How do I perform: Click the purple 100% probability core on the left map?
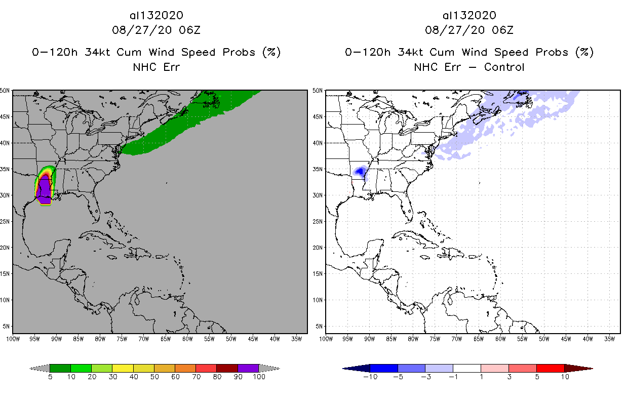pos(46,190)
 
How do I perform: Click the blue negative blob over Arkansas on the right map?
pos(360,171)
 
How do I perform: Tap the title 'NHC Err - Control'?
pos(469,67)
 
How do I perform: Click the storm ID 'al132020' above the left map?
pos(156,16)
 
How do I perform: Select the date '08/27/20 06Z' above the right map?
pos(469,30)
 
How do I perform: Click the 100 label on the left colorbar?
pos(259,377)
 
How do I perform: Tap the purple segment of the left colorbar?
pos(248,368)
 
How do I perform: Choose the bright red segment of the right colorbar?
pos(550,368)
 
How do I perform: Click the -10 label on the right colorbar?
pos(370,377)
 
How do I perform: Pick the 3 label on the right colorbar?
pos(508,377)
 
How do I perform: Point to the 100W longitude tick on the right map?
pos(326,339)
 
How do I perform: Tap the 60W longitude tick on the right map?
pos(500,339)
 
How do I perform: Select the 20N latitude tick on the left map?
pos(6,248)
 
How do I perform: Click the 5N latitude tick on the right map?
pos(320,326)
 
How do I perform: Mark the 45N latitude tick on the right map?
pos(319,117)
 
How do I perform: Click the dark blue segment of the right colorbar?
pos(384,368)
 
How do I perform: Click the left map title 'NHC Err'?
pos(156,67)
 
